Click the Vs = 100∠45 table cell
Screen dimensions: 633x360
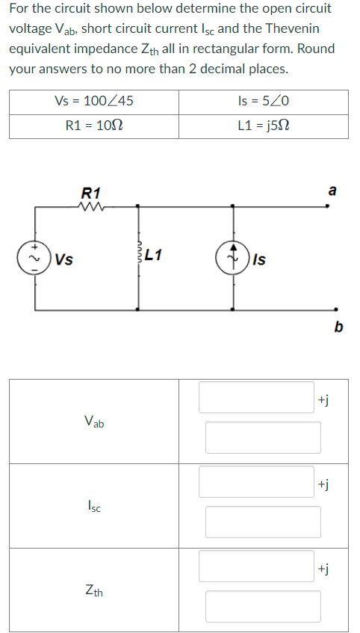pyautogui.click(x=94, y=102)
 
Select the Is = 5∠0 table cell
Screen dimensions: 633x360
pyautogui.click(x=263, y=102)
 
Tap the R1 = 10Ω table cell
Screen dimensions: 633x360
pyautogui.click(x=94, y=126)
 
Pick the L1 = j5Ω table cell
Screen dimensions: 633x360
pyautogui.click(x=263, y=126)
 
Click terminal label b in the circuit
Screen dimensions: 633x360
pyautogui.click(x=338, y=326)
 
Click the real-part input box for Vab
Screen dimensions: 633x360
pyautogui.click(x=256, y=397)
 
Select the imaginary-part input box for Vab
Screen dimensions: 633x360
pyautogui.click(x=263, y=437)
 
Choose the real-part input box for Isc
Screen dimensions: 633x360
pyautogui.click(x=256, y=481)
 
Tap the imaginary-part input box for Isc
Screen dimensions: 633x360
pyautogui.click(x=263, y=522)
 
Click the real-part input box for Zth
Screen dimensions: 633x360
pyautogui.click(x=256, y=566)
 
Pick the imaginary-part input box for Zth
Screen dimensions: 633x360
pyautogui.click(x=263, y=606)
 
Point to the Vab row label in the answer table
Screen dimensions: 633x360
pyautogui.click(x=94, y=422)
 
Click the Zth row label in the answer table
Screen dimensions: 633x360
pyautogui.click(x=94, y=592)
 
